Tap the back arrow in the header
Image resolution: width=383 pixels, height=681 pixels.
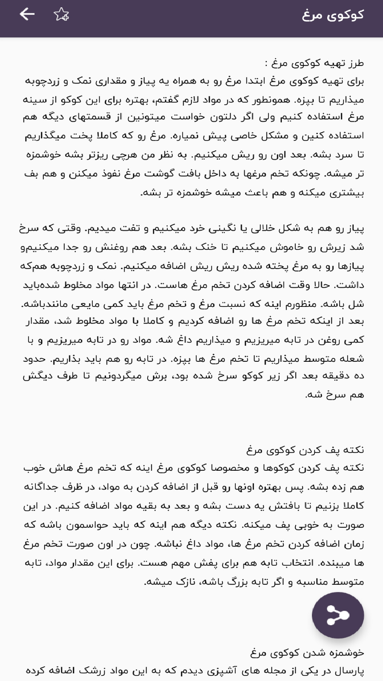27,14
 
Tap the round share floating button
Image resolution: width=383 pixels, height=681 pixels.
338,615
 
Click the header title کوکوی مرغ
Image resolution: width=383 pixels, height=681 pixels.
333,15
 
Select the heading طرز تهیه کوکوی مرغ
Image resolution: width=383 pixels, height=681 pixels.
314,63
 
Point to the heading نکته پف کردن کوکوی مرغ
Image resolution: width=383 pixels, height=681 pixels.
305,449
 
